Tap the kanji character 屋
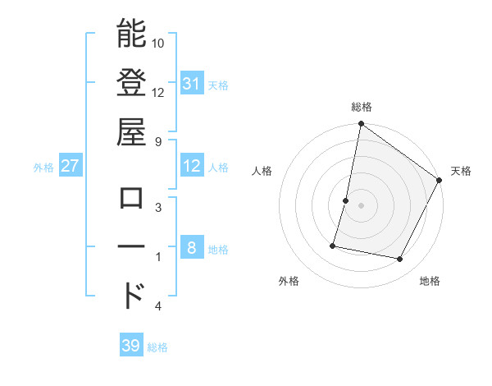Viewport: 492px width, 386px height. click(131, 131)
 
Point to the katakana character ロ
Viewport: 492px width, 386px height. click(131, 198)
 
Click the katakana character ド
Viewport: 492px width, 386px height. click(133, 295)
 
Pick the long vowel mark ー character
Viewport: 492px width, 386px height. click(131, 247)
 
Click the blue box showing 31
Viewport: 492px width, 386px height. click(192, 84)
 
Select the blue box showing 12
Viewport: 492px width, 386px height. click(192, 167)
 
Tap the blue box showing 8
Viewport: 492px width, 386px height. click(192, 249)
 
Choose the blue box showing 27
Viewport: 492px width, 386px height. click(71, 167)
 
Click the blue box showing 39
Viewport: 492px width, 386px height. click(131, 346)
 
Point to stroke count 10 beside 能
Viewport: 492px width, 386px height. click(158, 43)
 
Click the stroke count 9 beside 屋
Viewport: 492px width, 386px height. click(158, 141)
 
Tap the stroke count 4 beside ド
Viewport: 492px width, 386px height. click(158, 306)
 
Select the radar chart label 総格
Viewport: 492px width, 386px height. click(361, 107)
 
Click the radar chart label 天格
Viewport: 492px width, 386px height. click(461, 171)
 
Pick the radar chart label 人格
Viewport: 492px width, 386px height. click(262, 171)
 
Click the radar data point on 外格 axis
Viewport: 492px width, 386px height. click(333, 245)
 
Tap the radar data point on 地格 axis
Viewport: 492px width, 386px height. click(400, 260)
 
